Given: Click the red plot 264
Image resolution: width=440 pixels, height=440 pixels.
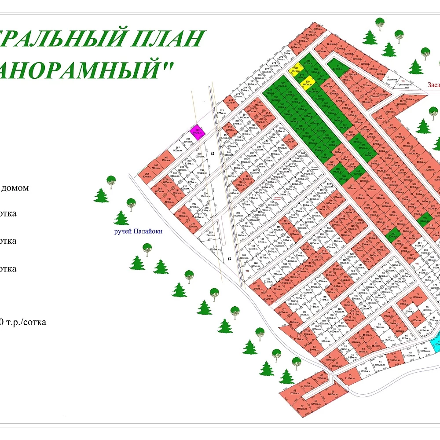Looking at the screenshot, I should tap(147, 174).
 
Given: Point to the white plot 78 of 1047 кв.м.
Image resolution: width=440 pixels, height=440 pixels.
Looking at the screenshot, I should tap(377, 327).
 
